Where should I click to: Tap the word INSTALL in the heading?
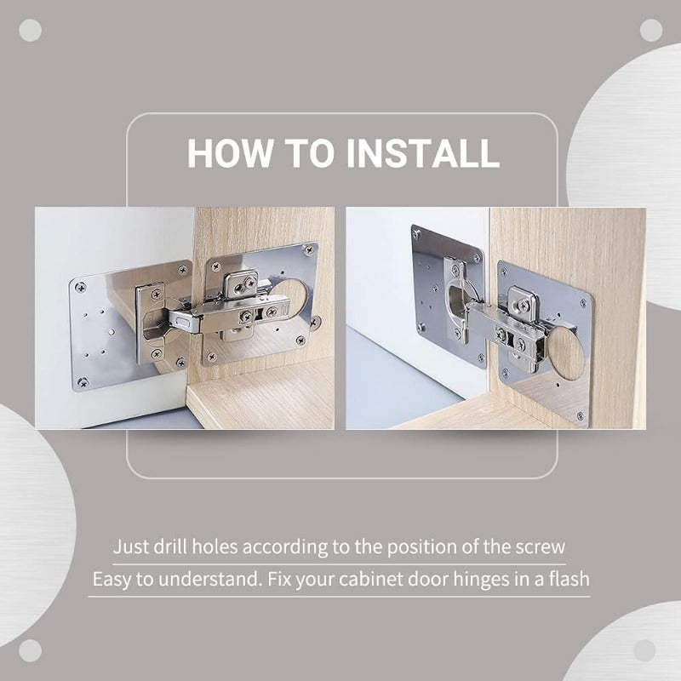click(422, 153)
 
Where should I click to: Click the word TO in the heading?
click(309, 153)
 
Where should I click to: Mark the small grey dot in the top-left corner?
click(30, 30)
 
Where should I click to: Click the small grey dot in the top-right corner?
click(651, 30)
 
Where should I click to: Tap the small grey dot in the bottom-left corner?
click(30, 651)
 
